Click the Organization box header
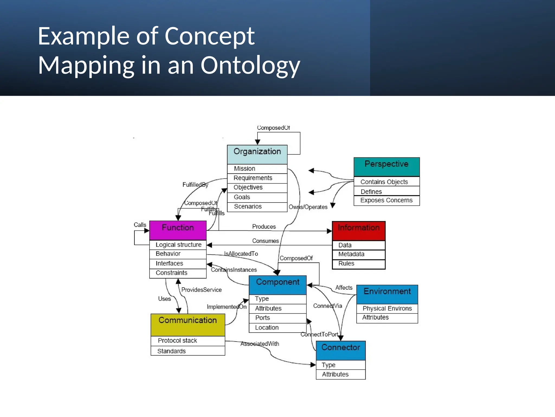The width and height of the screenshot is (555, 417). click(x=257, y=154)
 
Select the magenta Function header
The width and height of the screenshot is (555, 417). click(x=178, y=230)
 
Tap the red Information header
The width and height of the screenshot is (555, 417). click(x=359, y=230)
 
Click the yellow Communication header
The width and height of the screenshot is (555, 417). click(x=188, y=324)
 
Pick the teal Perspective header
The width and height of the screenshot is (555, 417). click(x=386, y=166)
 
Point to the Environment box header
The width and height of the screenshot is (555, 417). click(x=387, y=294)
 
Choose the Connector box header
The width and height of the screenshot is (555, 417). click(x=341, y=350)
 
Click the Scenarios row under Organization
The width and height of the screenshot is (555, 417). click(x=257, y=207)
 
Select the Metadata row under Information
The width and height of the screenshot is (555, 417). click(x=358, y=254)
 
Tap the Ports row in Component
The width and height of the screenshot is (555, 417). click(x=277, y=318)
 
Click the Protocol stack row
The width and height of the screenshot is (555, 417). click(x=188, y=341)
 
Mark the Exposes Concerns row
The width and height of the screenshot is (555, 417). click(x=386, y=200)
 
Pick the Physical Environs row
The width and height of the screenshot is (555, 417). click(x=387, y=308)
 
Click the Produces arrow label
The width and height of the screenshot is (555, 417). click(x=264, y=227)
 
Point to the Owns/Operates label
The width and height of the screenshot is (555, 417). click(x=308, y=207)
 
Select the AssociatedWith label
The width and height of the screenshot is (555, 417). click(x=260, y=344)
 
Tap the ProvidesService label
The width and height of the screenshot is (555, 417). click(x=201, y=290)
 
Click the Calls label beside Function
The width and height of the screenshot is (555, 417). click(x=140, y=225)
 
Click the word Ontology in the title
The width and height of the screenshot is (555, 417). click(x=250, y=65)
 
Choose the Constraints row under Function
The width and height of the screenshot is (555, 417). click(x=178, y=273)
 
